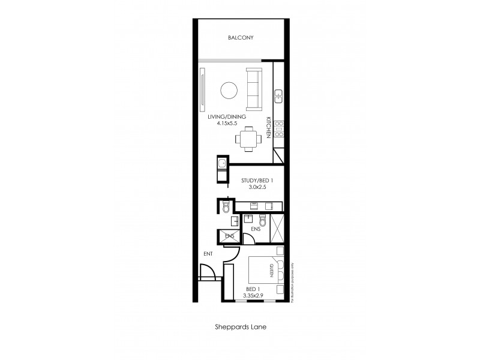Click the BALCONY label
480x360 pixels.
coord(241,38)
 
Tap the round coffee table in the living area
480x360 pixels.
coord(229,91)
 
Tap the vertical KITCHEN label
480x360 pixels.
coord(268,128)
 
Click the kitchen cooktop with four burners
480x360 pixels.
coord(279,128)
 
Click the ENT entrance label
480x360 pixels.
coord(208,254)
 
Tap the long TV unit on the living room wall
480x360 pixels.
coord(203,90)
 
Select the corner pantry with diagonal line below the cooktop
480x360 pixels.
coord(279,155)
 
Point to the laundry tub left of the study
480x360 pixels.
coord(221,164)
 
